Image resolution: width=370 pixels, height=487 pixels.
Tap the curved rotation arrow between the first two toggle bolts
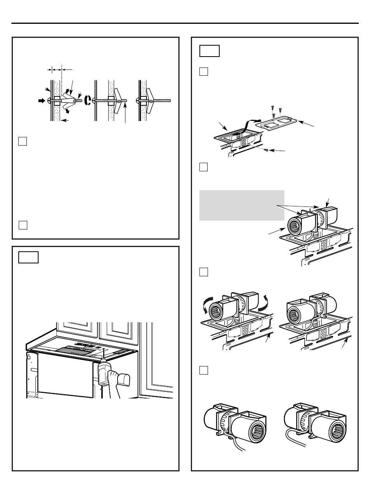[88, 100]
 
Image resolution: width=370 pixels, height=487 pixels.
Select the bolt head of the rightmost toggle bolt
[138, 100]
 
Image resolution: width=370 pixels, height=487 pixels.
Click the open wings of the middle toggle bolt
[118, 101]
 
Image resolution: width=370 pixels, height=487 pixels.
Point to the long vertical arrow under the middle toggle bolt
[125, 113]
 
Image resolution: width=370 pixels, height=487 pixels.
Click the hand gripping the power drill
[113, 380]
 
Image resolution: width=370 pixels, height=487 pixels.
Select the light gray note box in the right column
[241, 205]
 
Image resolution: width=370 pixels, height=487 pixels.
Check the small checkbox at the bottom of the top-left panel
[23, 225]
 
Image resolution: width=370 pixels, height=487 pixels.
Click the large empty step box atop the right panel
[209, 51]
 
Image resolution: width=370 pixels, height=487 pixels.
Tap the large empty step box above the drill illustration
[28, 257]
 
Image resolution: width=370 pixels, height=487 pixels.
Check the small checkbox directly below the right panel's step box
[204, 72]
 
